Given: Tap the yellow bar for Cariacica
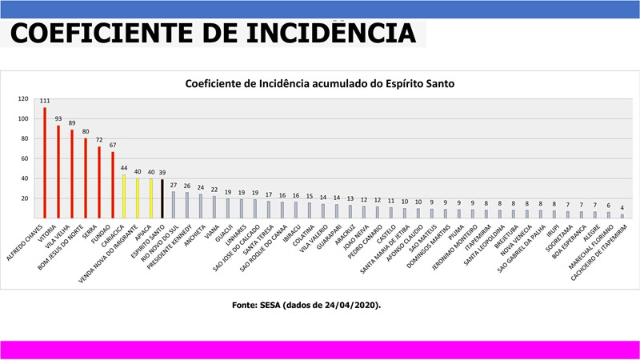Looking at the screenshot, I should pos(123,196).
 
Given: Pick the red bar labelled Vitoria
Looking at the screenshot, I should pos(58,171).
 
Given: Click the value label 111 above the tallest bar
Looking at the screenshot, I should pos(45,101).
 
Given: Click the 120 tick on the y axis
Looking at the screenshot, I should pos(23,98).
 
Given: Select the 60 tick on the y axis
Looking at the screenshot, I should pos(25,158).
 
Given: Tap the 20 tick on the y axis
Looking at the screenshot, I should pos(25,198).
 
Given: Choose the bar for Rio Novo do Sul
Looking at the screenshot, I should pos(174,205).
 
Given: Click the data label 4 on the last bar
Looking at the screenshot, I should pos(621,207).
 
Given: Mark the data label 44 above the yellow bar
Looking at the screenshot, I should pos(123,168).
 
